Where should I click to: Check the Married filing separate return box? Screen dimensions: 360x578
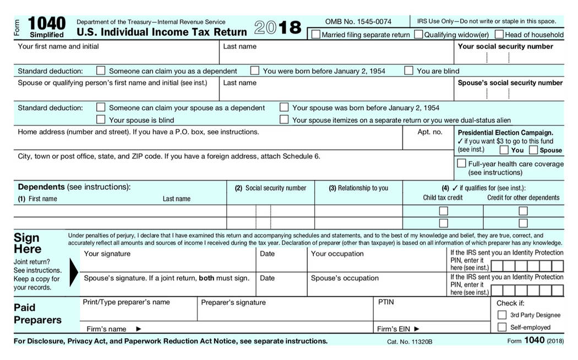click(x=316, y=35)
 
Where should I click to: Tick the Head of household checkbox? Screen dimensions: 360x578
click(x=499, y=35)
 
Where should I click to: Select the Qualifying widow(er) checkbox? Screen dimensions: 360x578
click(x=418, y=35)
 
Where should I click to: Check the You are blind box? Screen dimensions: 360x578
click(x=408, y=70)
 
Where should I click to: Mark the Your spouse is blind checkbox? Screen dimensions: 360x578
click(x=101, y=119)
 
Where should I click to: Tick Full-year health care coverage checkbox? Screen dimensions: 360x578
click(x=461, y=163)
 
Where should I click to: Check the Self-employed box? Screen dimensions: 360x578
click(x=501, y=327)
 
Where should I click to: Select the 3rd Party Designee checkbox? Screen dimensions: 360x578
click(x=501, y=315)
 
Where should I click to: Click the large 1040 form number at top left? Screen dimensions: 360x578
click(x=46, y=23)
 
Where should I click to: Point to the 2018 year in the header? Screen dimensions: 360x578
click(x=278, y=28)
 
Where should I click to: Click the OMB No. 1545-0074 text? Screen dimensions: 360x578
click(x=358, y=21)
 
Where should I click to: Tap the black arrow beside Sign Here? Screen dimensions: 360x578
click(x=73, y=270)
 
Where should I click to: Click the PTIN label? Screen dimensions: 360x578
click(x=386, y=302)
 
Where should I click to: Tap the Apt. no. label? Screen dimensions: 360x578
click(x=430, y=132)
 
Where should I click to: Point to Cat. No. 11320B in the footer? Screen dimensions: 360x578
click(x=410, y=342)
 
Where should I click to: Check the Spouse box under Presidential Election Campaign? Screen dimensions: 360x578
click(x=533, y=150)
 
